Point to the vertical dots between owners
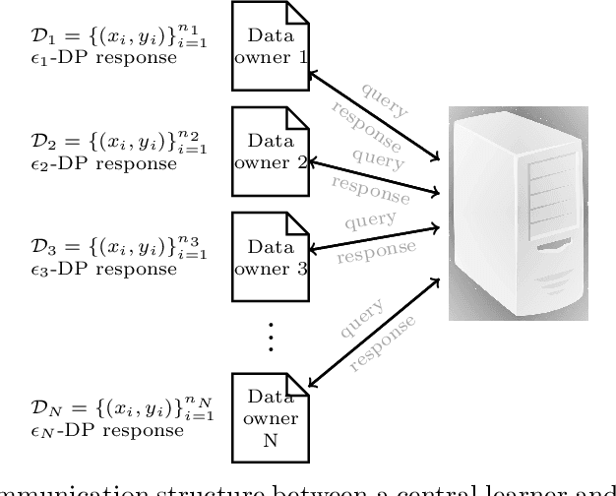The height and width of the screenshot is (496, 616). [271, 335]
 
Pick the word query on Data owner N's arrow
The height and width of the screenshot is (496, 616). [359, 319]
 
